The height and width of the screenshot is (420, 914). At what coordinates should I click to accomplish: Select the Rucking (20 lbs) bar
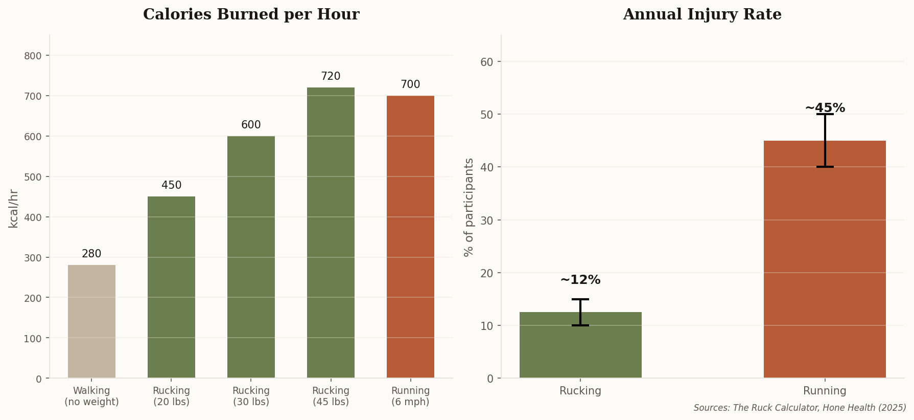click(x=171, y=287)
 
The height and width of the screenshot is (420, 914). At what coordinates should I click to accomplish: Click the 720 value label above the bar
click(x=331, y=76)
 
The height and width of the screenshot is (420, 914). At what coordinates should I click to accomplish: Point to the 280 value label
click(x=91, y=254)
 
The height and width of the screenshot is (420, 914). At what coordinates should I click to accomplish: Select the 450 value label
click(x=171, y=185)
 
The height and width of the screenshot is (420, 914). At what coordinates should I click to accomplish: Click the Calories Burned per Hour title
click(x=251, y=14)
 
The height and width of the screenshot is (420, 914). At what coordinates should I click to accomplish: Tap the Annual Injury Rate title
click(x=702, y=14)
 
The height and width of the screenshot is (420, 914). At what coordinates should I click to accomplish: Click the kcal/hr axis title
click(x=14, y=208)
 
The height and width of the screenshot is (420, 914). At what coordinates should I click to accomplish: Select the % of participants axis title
click(x=469, y=207)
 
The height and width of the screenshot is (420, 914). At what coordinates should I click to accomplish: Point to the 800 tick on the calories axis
click(x=33, y=56)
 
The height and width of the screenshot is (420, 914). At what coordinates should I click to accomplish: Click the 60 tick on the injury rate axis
click(x=486, y=62)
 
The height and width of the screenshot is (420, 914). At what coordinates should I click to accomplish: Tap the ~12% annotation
click(x=580, y=280)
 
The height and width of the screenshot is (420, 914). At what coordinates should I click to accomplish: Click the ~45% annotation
click(x=825, y=108)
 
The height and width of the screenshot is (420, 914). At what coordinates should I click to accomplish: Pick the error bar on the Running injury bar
click(x=825, y=141)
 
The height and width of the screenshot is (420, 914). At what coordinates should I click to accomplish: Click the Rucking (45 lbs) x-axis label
click(x=331, y=396)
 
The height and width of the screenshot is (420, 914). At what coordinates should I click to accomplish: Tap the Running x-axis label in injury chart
click(x=825, y=391)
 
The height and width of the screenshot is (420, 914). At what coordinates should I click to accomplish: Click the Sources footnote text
click(x=800, y=408)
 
